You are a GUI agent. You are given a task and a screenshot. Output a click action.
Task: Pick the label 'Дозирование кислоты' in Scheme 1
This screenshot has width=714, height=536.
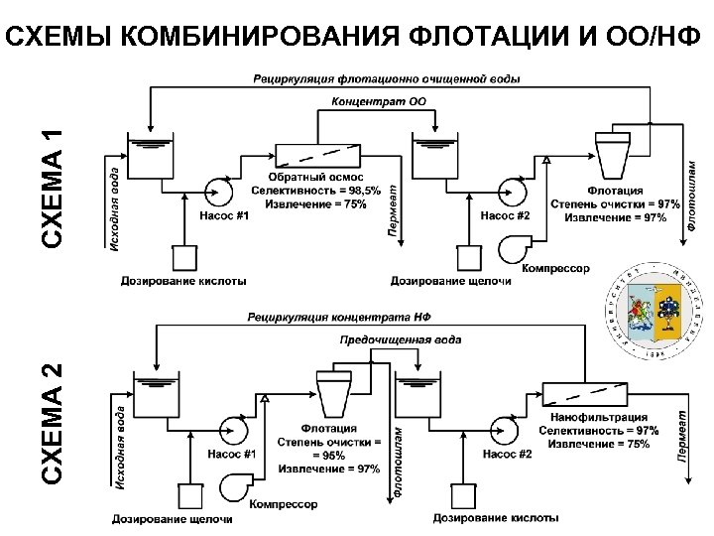point(183,282)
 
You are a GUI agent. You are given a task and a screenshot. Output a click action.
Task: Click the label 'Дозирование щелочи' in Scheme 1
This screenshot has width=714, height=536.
point(451,282)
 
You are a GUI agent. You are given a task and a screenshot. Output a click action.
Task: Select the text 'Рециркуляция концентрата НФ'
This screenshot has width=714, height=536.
point(335,318)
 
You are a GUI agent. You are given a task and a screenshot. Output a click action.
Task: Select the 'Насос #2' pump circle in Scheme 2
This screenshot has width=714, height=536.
point(505,429)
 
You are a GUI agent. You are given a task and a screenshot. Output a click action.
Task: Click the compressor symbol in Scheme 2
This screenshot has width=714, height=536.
point(234,482)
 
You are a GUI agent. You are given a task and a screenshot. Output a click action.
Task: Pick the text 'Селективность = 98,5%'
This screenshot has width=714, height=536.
point(307,190)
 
